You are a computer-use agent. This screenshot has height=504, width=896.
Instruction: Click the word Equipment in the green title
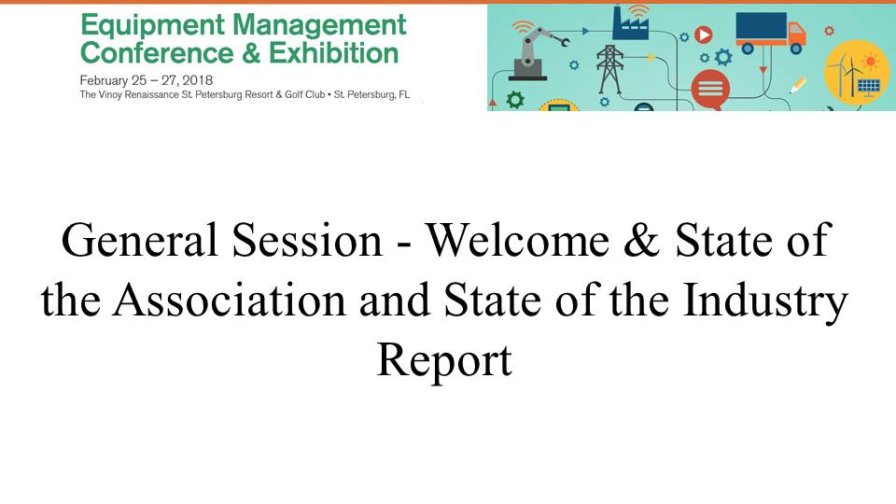click(x=152, y=27)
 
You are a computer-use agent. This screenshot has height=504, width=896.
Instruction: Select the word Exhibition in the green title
click(x=334, y=53)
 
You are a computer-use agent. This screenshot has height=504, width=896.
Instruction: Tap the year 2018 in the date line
click(x=197, y=80)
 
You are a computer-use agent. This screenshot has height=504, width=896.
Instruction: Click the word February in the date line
click(x=104, y=80)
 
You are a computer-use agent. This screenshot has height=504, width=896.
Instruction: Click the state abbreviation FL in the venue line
click(x=404, y=94)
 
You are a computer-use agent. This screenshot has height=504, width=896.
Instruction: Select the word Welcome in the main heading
click(x=518, y=241)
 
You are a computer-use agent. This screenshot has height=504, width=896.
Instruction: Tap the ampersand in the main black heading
click(x=642, y=241)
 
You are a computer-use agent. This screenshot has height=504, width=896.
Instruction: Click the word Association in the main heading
click(x=230, y=301)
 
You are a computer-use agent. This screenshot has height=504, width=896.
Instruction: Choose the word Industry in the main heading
click(x=765, y=301)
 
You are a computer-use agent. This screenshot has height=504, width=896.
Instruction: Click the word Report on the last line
click(x=444, y=361)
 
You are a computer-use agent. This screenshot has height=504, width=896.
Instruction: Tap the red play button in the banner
click(x=704, y=35)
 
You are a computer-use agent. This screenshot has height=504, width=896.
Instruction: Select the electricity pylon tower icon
click(x=609, y=69)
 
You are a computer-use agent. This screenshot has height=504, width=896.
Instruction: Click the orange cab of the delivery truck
click(x=796, y=35)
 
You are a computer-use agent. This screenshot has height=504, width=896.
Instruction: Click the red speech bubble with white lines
click(x=710, y=90)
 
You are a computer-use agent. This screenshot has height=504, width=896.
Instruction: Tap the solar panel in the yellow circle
click(x=869, y=86)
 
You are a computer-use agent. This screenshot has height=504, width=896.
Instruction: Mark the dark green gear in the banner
click(x=515, y=100)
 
